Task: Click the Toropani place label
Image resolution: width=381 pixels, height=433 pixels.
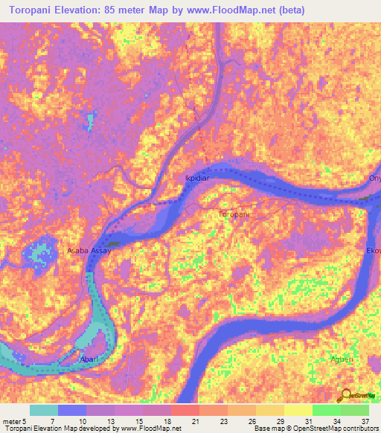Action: point(234,214)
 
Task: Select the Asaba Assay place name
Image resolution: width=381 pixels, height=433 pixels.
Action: point(90,251)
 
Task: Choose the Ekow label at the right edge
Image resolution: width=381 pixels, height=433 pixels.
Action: point(373,251)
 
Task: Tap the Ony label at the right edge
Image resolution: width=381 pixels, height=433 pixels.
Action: point(374,179)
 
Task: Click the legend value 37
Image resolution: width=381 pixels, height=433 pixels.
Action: point(365,421)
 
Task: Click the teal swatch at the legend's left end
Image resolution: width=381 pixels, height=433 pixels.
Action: point(44,410)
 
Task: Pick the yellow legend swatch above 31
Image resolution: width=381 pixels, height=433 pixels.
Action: point(298,410)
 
